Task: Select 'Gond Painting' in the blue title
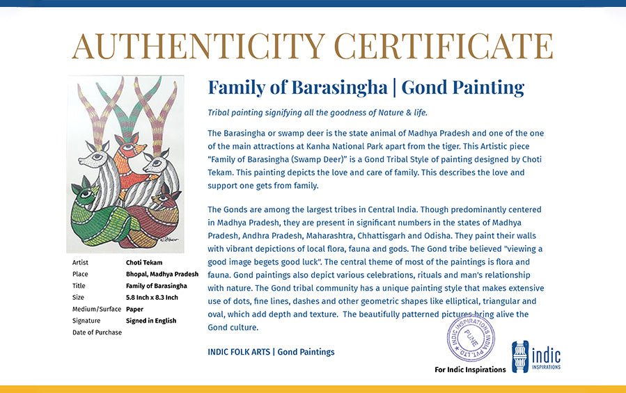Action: click(x=462, y=88)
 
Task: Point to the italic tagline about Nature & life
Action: click(x=317, y=113)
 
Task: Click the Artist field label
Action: click(x=81, y=263)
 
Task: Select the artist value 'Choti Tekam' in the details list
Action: click(x=144, y=263)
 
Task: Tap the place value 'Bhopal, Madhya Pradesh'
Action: click(x=162, y=274)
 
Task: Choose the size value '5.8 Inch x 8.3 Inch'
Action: click(x=152, y=298)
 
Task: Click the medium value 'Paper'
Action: click(x=135, y=310)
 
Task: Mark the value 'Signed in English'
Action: click(x=151, y=321)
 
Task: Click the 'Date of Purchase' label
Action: click(x=97, y=332)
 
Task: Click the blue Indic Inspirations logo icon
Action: click(x=521, y=356)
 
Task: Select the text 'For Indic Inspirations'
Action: click(x=470, y=369)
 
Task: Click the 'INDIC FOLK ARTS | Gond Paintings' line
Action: click(x=271, y=352)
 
